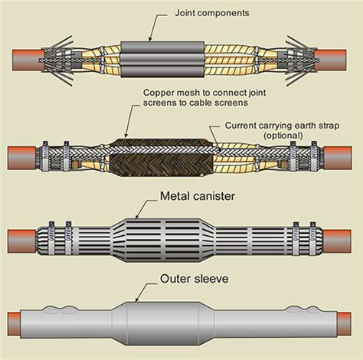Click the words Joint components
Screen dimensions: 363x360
tap(212, 13)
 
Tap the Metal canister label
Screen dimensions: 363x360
tap(198, 196)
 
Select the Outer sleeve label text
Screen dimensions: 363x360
tap(195, 279)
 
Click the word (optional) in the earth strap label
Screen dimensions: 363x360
tap(283, 136)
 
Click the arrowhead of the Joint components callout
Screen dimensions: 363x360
tap(150, 39)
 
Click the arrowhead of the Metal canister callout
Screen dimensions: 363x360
tap(137, 217)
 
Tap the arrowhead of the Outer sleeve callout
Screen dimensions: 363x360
tap(137, 299)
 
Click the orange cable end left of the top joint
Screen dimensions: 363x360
tap(28, 61)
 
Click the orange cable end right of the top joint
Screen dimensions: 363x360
tap(330, 61)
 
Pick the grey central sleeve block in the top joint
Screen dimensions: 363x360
tap(162, 60)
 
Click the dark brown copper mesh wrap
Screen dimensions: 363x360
tap(162, 158)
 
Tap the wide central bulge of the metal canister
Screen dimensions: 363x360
tap(163, 241)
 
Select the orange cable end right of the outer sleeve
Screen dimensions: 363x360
tap(345, 322)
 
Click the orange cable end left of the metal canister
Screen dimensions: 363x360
tap(21, 241)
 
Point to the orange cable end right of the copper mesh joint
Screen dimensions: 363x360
tap(338, 158)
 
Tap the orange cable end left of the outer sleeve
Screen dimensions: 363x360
tap(15, 322)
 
